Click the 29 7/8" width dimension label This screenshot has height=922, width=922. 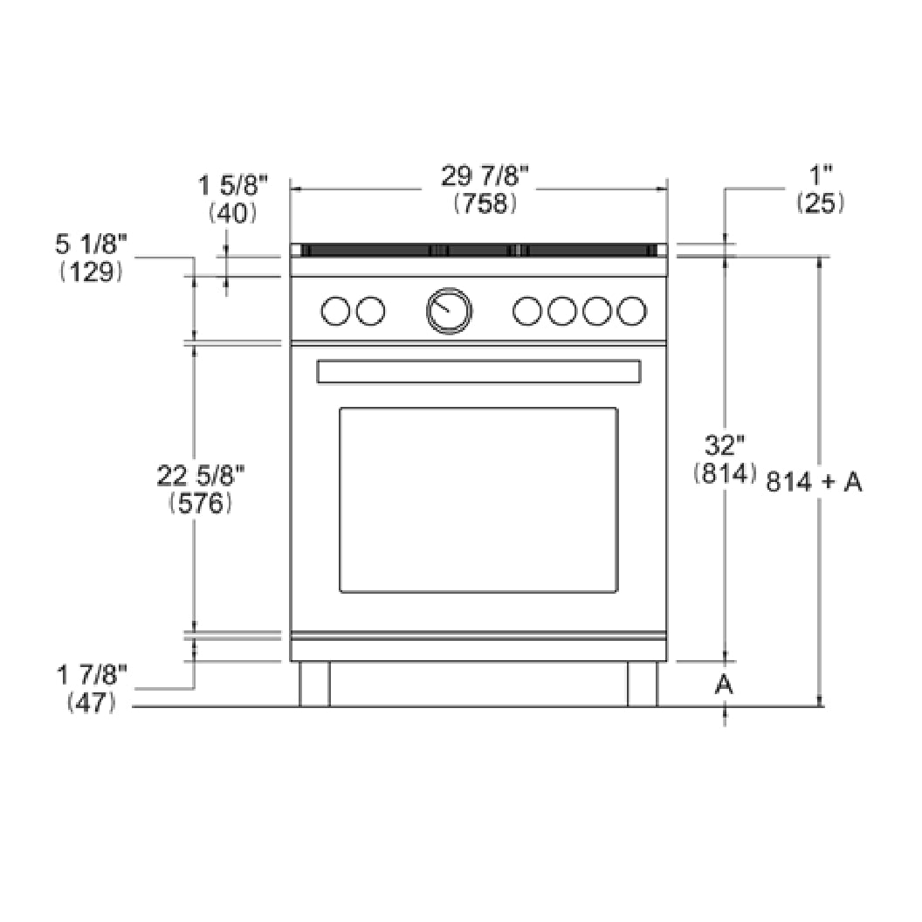(485, 177)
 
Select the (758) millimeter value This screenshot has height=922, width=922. (485, 203)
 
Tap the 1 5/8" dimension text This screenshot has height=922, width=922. (232, 185)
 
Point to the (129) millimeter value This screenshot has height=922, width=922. (91, 272)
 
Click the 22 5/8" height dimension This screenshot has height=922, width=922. (201, 476)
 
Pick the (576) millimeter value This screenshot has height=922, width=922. (201, 504)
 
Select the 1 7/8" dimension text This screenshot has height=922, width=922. (92, 674)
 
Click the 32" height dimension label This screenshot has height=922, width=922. (723, 446)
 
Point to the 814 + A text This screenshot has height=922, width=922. (814, 481)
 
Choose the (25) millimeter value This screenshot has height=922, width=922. (820, 203)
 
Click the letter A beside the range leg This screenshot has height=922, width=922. (723, 686)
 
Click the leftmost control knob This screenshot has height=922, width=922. (335, 310)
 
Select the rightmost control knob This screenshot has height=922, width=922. (632, 310)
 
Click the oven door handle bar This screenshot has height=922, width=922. (478, 372)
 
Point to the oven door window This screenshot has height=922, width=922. (478, 500)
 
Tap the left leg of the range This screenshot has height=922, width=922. (314, 684)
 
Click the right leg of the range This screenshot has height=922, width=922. (642, 684)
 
